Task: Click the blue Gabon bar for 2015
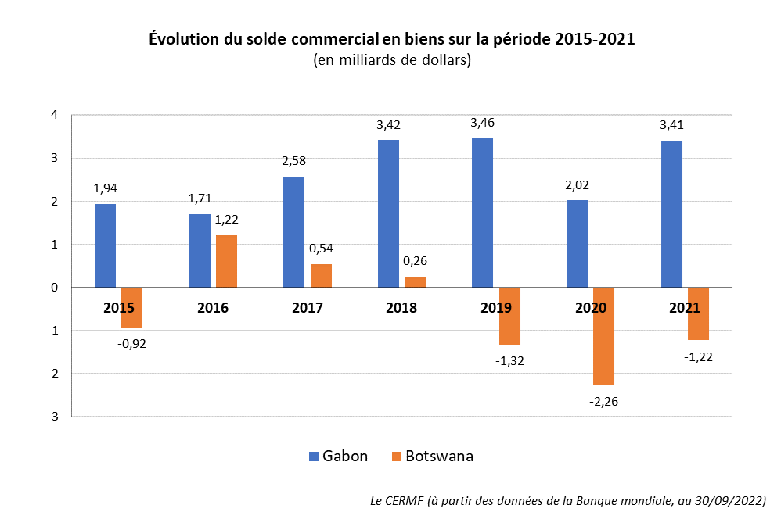click(105, 245)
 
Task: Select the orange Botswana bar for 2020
click(603, 336)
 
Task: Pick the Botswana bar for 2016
click(226, 261)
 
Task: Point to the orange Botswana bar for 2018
click(415, 282)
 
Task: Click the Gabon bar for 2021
click(671, 214)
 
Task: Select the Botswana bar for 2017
click(321, 276)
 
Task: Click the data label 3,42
click(388, 124)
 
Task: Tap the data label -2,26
click(603, 402)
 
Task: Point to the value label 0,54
click(321, 249)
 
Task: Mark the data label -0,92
click(131, 343)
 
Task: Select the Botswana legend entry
click(431, 457)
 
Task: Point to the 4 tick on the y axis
click(55, 115)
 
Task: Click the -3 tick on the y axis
click(53, 417)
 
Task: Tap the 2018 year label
click(401, 308)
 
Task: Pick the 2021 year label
click(685, 308)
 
